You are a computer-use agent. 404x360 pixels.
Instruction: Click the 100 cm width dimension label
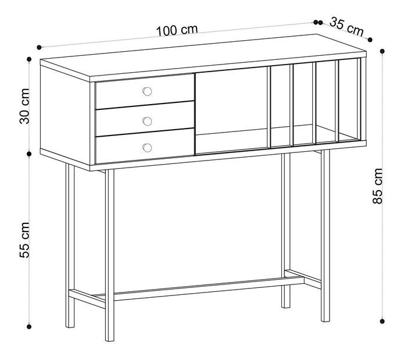click(x=177, y=30)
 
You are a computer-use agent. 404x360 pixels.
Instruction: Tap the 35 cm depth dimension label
click(x=346, y=27)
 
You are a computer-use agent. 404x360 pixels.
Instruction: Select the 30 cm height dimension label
click(x=25, y=106)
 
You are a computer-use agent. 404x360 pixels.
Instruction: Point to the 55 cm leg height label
click(x=25, y=240)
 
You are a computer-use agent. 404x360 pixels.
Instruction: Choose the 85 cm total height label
click(x=378, y=186)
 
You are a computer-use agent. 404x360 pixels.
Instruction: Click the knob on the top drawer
click(x=147, y=91)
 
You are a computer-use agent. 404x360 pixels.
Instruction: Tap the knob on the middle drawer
click(x=147, y=121)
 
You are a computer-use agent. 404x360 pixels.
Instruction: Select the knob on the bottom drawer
click(x=147, y=148)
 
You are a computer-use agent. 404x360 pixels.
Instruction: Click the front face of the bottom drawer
click(x=145, y=146)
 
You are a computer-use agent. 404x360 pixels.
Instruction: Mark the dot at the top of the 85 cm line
click(x=382, y=51)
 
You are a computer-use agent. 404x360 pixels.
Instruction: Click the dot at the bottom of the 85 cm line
click(x=382, y=321)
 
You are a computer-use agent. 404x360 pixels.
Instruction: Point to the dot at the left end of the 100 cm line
click(x=39, y=47)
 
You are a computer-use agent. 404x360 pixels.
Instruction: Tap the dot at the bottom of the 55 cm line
click(x=29, y=327)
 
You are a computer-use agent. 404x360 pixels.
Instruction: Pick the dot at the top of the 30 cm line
click(x=29, y=59)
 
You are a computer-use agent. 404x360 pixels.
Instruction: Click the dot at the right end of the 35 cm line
click(x=370, y=40)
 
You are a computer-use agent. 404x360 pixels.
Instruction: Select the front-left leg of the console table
click(x=109, y=255)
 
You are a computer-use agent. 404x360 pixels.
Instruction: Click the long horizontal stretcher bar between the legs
click(x=209, y=289)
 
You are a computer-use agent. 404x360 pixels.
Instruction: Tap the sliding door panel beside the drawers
click(x=231, y=111)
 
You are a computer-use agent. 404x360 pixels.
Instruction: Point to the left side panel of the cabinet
click(x=65, y=115)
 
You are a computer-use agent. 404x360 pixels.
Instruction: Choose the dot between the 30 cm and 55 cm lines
click(x=29, y=154)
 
